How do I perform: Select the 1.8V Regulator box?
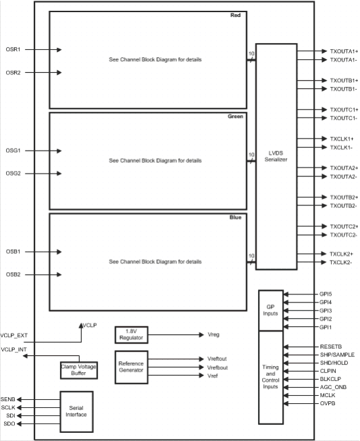[132, 334]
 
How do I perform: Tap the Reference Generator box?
[132, 366]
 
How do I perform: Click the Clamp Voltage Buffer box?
[78, 370]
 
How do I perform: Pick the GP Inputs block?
[269, 311]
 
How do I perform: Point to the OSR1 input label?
[14, 49]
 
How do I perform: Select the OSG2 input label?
[14, 174]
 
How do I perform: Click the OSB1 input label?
[14, 251]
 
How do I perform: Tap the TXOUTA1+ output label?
[344, 51]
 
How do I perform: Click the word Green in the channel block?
[235, 116]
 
